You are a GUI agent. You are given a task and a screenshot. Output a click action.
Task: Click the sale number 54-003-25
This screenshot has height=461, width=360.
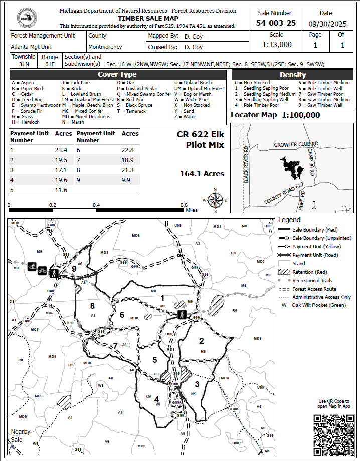click(x=276, y=23)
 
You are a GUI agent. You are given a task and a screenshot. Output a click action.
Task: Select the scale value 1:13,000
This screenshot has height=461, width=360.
click(x=276, y=44)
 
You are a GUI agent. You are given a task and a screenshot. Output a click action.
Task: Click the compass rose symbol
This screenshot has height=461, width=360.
click(x=215, y=200)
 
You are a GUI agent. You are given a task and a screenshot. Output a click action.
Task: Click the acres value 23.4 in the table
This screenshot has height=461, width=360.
click(x=61, y=150)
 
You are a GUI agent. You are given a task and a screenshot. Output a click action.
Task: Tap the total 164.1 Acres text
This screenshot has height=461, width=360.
click(x=202, y=174)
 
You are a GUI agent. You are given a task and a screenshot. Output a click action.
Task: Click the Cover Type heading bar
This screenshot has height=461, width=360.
click(x=117, y=74)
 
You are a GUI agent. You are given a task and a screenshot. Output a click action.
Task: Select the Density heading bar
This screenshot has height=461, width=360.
click(x=292, y=75)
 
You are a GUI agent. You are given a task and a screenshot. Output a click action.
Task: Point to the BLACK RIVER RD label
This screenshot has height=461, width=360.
click(x=246, y=165)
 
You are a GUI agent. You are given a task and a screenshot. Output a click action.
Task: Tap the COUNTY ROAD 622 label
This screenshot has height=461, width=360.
click(x=285, y=193)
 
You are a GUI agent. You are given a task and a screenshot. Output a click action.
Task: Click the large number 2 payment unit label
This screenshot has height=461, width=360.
click(x=202, y=341)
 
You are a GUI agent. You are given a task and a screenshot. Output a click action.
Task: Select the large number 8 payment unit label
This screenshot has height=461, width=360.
click(x=92, y=305)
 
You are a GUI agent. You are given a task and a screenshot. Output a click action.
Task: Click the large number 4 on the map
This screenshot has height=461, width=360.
click(x=157, y=399)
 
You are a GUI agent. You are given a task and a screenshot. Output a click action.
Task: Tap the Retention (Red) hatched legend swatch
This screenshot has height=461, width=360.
click(x=284, y=272)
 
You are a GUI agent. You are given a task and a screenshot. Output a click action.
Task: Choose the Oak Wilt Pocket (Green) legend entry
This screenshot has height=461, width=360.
click(x=316, y=305)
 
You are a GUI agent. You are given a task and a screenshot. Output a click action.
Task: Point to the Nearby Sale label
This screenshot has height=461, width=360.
click(x=21, y=435)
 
